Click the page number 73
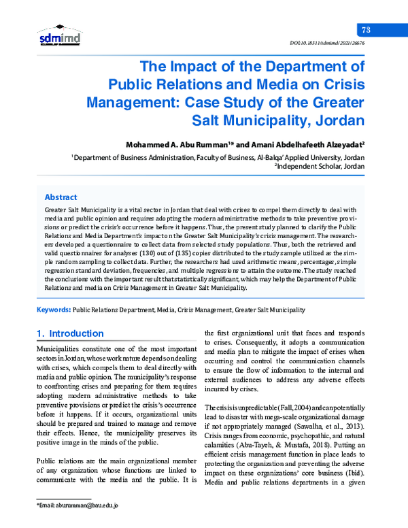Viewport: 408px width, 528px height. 365,29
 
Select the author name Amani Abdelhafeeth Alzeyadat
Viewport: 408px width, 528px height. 305,144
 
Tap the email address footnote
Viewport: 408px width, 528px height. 78,506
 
